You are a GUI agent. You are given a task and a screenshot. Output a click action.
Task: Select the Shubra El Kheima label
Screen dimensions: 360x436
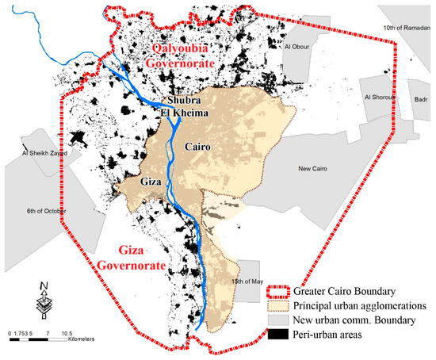pos(186,107)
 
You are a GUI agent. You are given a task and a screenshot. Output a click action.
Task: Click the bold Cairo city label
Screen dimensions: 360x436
pos(199,147)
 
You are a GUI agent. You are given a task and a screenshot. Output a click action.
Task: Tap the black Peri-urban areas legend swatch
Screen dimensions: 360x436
pos(279,333)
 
